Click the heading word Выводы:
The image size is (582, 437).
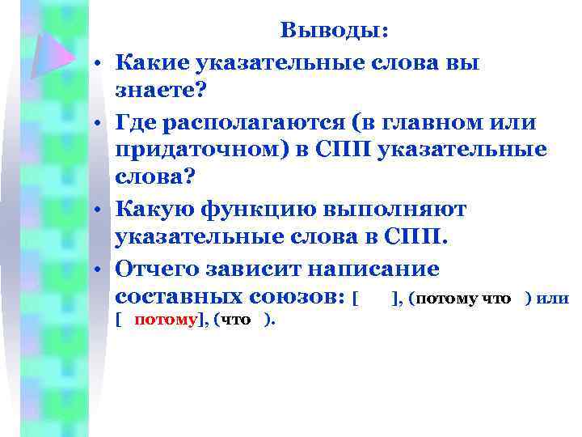334,32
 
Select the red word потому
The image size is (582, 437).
165,320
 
